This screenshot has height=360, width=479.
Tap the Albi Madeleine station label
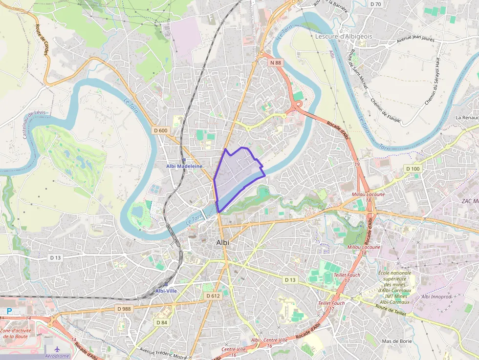(x=184, y=166)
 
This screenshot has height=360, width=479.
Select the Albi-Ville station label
(x=166, y=291)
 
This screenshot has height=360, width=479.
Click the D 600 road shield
(x=160, y=130)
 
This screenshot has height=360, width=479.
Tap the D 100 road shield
(x=413, y=169)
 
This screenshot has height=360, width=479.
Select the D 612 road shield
(x=213, y=296)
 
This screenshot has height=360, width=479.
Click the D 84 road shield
(x=162, y=322)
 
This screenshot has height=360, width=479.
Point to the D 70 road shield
(x=375, y=4)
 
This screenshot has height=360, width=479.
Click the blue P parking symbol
(x=9, y=311)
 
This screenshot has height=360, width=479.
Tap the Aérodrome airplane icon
(x=58, y=350)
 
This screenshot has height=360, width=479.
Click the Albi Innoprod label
(x=436, y=296)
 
